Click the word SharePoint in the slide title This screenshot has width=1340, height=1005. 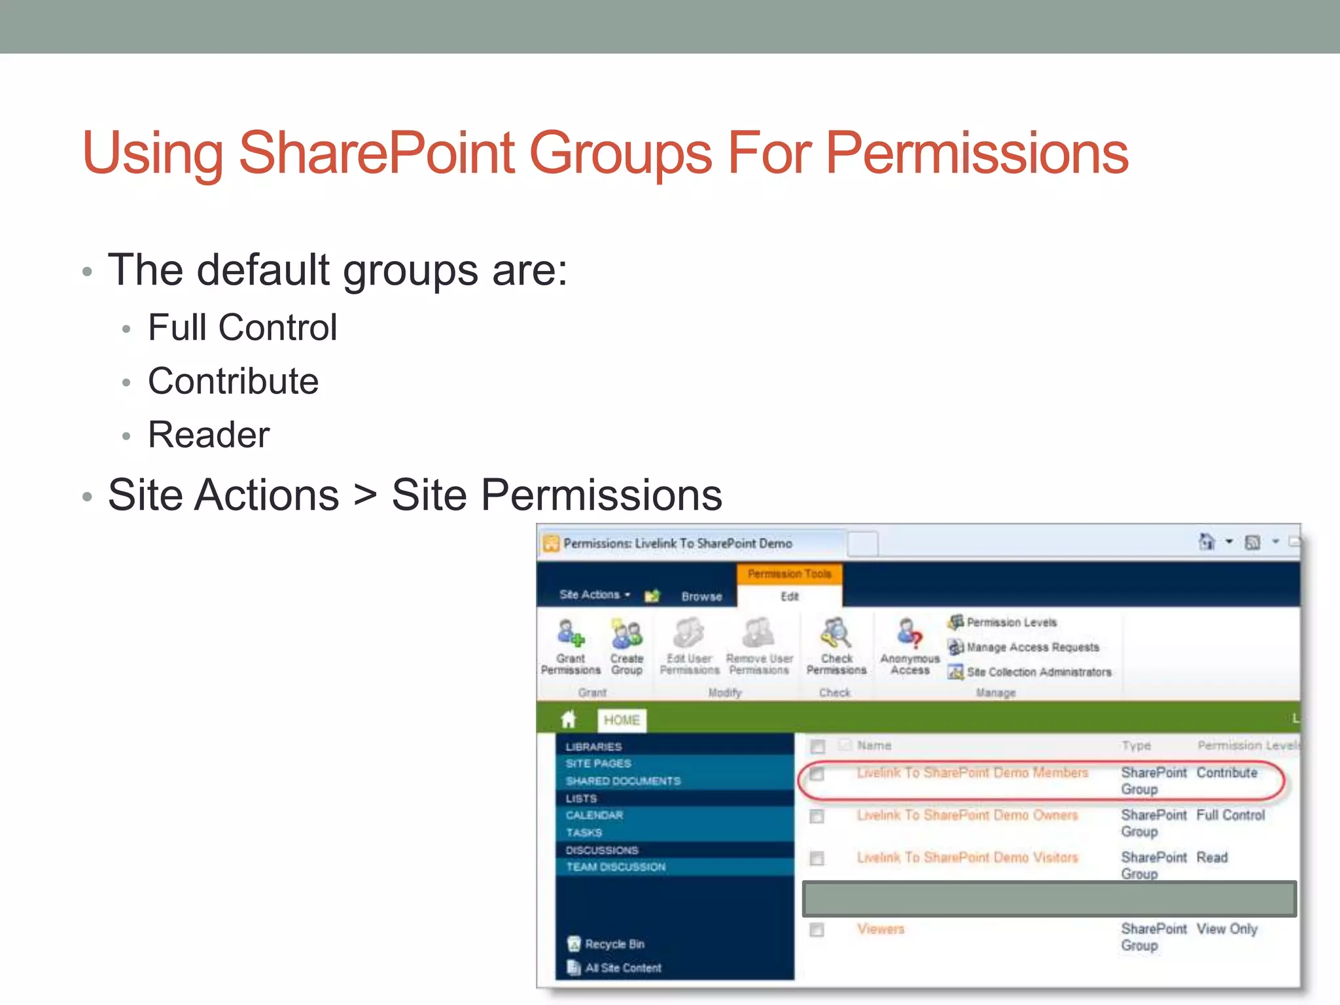(x=378, y=153)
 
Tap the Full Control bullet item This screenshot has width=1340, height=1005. (x=242, y=327)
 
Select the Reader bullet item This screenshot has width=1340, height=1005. (x=209, y=434)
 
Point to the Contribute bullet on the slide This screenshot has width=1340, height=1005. (x=233, y=381)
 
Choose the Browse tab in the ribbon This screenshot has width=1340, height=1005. (x=701, y=596)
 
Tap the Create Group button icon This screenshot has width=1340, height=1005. (x=627, y=634)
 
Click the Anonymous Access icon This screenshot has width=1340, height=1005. (x=909, y=634)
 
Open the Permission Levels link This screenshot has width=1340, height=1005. (x=1011, y=622)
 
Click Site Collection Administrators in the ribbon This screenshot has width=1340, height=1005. (x=1038, y=672)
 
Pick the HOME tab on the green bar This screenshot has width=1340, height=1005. (x=622, y=720)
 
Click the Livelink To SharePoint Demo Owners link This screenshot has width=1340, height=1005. (x=967, y=815)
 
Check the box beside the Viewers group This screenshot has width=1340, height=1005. (x=817, y=930)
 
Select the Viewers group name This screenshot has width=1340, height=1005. (x=881, y=929)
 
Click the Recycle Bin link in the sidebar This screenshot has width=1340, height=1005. (x=614, y=944)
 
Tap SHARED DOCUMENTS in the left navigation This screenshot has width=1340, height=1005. (x=623, y=781)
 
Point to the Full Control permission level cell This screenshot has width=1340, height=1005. (x=1230, y=815)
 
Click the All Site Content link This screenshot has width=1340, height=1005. (x=622, y=968)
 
